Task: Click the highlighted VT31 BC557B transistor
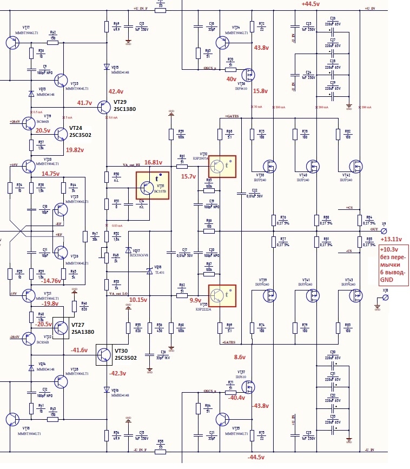click(x=151, y=186)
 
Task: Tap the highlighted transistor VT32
click(x=222, y=167)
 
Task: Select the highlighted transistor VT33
click(x=222, y=295)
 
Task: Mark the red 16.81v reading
click(x=154, y=162)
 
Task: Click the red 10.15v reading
click(x=138, y=299)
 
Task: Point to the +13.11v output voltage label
click(x=391, y=239)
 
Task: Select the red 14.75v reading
click(x=51, y=174)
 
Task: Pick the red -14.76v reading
click(x=51, y=281)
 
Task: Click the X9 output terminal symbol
click(x=384, y=229)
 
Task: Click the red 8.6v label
click(x=240, y=357)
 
